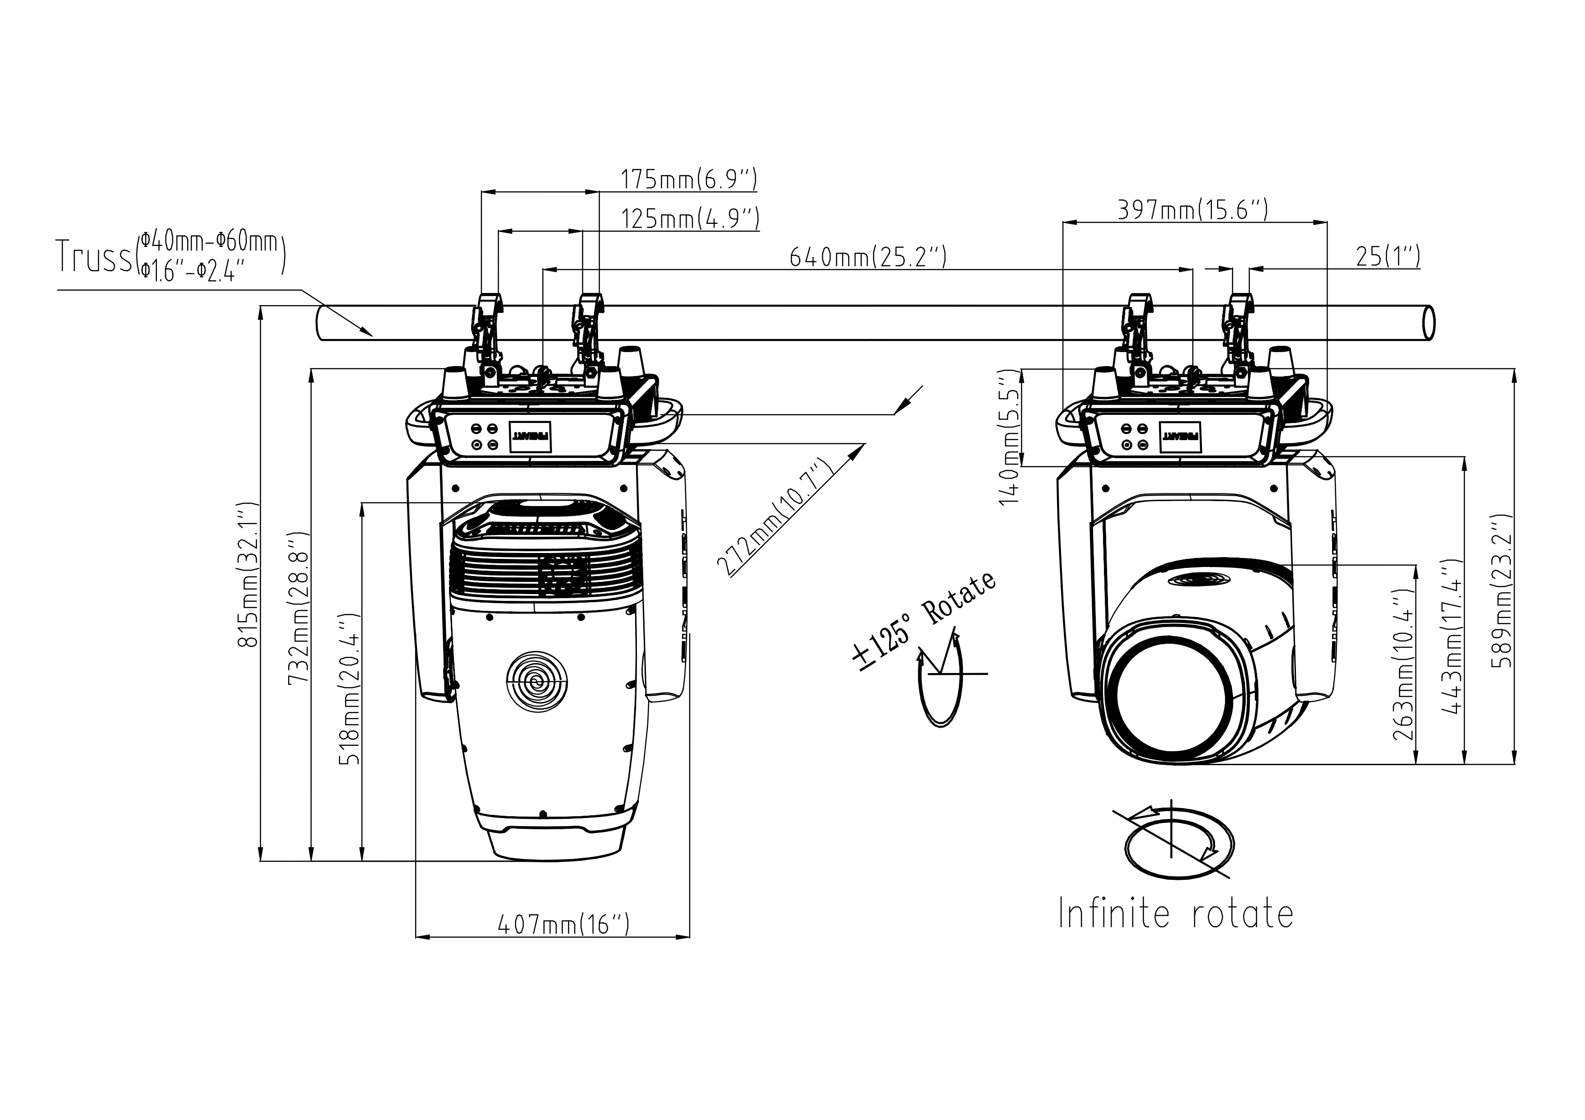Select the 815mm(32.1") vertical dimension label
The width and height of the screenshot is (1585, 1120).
tap(247, 574)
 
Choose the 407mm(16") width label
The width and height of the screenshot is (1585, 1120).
tap(563, 924)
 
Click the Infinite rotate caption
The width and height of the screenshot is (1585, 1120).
tap(1175, 914)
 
